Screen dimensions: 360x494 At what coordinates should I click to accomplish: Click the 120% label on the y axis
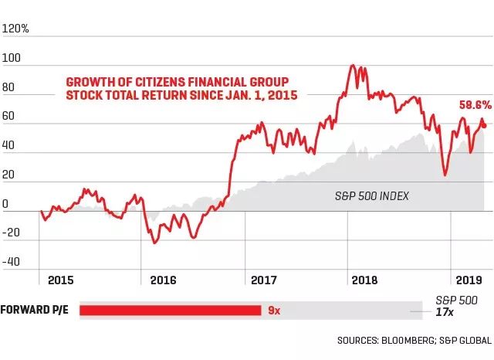point(16,29)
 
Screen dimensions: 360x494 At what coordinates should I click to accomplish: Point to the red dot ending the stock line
point(484,125)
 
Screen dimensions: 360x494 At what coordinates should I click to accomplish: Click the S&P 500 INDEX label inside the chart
point(371,197)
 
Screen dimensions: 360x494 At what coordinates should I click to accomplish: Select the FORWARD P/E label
point(36,311)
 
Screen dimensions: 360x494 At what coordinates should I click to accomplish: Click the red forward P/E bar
point(170,311)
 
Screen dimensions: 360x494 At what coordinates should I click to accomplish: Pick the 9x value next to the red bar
point(273,311)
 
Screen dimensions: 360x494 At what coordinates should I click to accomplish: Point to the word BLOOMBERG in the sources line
point(403,340)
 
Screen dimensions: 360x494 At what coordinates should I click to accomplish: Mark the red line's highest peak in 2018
point(353,66)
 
